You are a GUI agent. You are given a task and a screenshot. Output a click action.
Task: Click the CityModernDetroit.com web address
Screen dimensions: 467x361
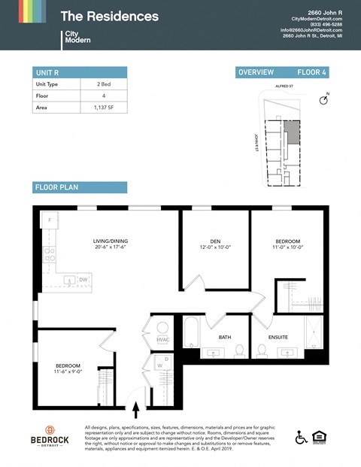click(316, 18)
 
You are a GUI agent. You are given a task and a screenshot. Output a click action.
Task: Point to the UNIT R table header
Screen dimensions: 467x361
click(47, 72)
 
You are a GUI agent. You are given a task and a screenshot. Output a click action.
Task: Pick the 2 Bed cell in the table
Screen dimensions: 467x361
click(103, 84)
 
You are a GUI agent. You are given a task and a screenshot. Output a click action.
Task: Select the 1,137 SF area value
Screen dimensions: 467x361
click(103, 108)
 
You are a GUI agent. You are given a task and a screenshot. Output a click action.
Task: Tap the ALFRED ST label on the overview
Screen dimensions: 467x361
click(284, 87)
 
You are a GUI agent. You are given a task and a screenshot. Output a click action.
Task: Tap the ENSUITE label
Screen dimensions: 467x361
click(278, 337)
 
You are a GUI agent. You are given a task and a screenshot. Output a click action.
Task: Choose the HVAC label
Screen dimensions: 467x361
click(163, 340)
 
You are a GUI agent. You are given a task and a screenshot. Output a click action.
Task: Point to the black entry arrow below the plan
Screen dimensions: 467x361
click(135, 410)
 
